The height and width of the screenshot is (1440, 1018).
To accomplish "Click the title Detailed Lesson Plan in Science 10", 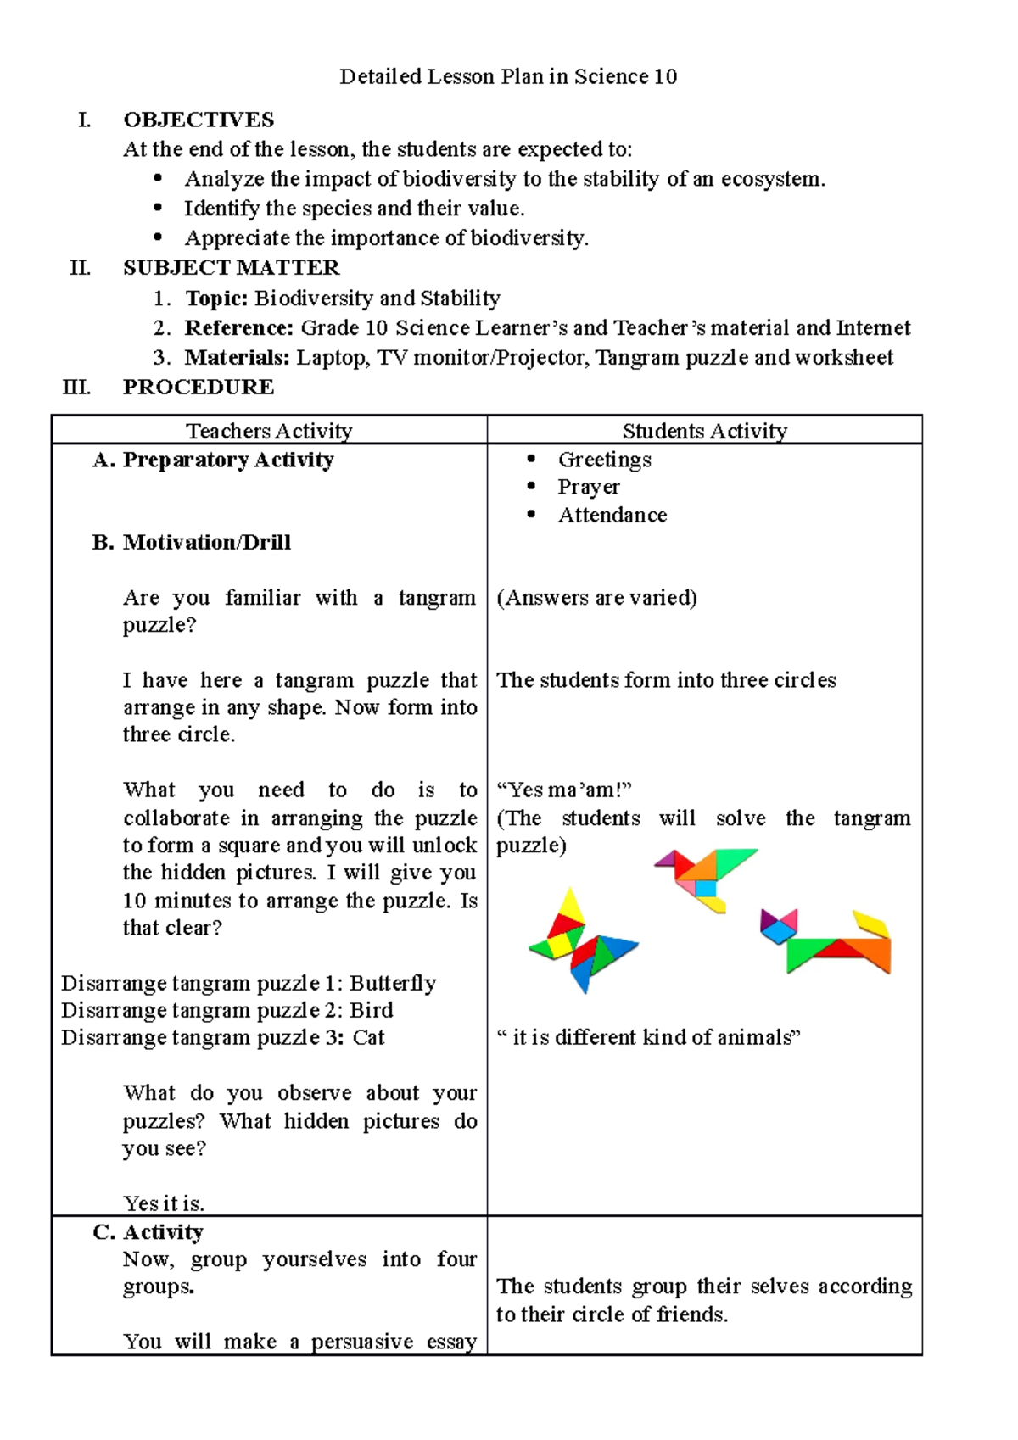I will coord(508,77).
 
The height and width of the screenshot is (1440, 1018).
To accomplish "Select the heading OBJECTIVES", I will coord(199,120).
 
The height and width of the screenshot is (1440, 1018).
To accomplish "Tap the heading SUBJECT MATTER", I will coord(231,268).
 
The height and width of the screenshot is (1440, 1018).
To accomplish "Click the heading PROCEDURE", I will coord(199,388).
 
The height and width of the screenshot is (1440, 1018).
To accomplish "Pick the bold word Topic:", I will coord(216,299).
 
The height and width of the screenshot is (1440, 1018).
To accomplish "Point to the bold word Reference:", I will coord(239,328).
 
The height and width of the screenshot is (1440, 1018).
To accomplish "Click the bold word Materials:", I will coord(238,358).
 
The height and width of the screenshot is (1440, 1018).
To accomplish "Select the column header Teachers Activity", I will coord(269,431).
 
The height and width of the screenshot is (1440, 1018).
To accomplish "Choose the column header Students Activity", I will coord(704,431).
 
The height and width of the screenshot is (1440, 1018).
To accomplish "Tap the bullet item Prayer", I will coord(588,488).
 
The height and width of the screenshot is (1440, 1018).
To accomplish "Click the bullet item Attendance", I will coord(612,516).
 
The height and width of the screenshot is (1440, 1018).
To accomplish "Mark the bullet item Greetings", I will coord(604,460).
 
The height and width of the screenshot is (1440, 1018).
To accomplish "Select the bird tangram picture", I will coord(704,878).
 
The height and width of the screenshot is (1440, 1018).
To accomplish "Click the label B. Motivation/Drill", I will coord(192,543).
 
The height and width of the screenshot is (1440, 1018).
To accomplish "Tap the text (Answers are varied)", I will coord(596,598).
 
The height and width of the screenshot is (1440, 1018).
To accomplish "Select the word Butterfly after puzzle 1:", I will coord(393,984).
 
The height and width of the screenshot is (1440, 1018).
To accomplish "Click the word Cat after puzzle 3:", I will coord(368,1038).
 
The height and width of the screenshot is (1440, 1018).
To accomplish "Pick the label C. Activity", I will coord(148,1232).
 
